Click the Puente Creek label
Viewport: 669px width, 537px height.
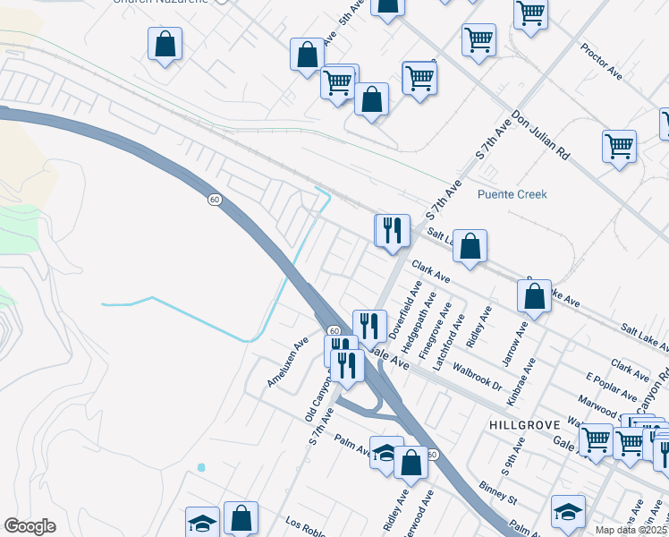tap(512, 194)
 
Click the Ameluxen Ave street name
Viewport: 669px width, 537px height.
tap(287, 362)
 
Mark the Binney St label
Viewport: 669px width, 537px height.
tap(498, 494)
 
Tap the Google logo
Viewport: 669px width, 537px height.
tap(30, 525)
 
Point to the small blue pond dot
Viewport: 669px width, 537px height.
tap(201, 467)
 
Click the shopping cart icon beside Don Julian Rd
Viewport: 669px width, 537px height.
tap(619, 145)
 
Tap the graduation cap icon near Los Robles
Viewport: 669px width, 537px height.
tap(203, 522)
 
